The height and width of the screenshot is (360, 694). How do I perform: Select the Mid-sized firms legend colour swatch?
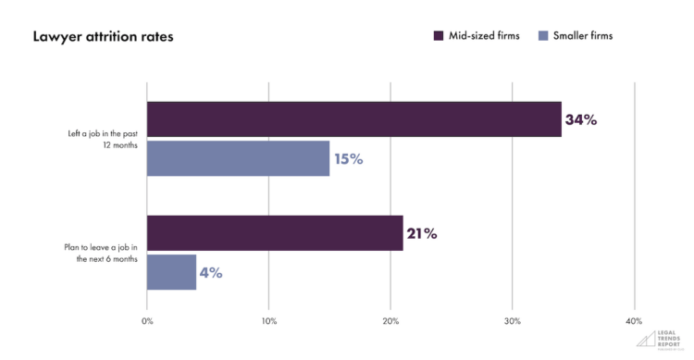(440, 36)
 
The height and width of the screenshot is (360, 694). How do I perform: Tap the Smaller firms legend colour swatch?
(543, 36)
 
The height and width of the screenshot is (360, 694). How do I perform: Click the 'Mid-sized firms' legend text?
(485, 36)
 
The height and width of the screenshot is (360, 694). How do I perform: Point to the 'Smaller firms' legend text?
(583, 36)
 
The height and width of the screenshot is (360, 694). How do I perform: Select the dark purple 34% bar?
(353, 119)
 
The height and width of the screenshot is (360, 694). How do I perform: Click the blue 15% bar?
(238, 158)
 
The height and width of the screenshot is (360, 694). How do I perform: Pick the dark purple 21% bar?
(275, 233)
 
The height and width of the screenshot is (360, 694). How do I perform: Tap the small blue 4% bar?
(171, 272)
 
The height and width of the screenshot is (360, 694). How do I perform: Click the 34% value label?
(581, 119)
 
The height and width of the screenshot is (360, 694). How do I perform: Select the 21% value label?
(420, 233)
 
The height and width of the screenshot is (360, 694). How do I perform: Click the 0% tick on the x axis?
(148, 320)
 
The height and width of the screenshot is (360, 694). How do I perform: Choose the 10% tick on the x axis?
(268, 320)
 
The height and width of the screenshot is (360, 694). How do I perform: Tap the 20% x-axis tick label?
(390, 320)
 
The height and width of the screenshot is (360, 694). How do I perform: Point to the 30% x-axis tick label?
(513, 320)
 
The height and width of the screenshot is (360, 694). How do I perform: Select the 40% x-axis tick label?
(634, 320)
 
